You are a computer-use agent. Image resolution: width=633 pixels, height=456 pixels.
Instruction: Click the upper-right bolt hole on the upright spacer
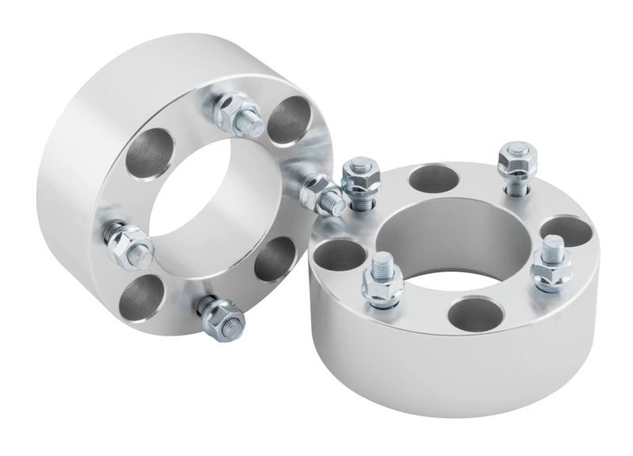(289, 120)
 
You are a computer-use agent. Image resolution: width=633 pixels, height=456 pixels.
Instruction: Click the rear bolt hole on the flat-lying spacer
(434, 178)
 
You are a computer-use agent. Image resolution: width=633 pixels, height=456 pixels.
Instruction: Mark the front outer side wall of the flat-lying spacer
(443, 372)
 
